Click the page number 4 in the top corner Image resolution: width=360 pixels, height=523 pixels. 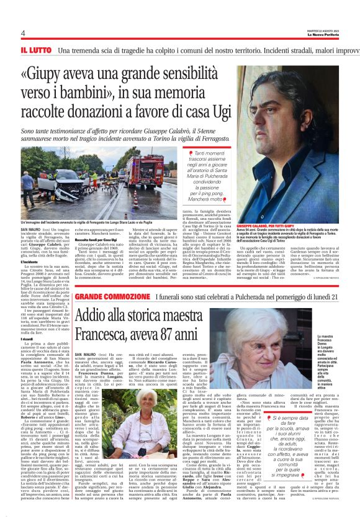coord(22,33)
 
